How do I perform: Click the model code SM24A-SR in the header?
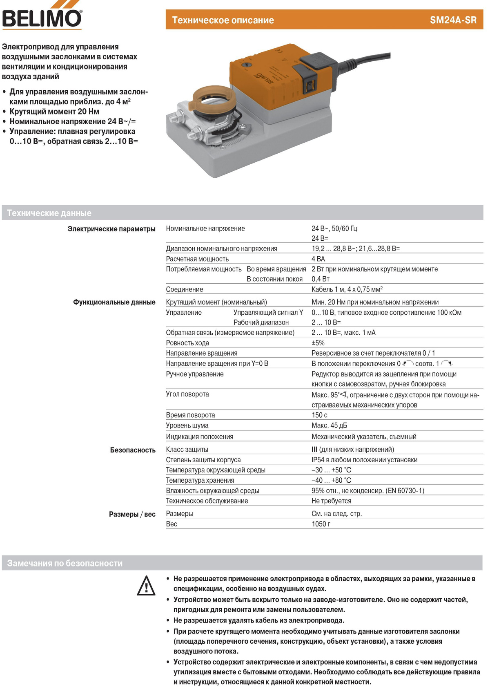click(x=453, y=20)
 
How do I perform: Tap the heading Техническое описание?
click(x=223, y=20)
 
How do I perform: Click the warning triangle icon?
click(x=146, y=585)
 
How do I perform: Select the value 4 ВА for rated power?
click(x=318, y=259)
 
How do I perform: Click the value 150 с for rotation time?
click(x=319, y=415)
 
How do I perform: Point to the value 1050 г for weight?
click(x=321, y=524)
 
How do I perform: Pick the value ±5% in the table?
click(x=318, y=343)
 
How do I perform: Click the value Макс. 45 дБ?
click(x=329, y=425)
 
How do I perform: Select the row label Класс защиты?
click(x=187, y=450)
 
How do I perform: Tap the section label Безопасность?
click(x=133, y=450)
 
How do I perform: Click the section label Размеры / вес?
click(x=132, y=514)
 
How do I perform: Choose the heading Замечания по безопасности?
click(x=65, y=563)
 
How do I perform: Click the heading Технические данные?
click(x=49, y=213)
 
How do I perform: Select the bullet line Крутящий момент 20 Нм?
click(x=54, y=112)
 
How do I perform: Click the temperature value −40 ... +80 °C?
click(x=331, y=480)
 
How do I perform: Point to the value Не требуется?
click(x=331, y=501)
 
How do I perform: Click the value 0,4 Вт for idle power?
click(x=321, y=279)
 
